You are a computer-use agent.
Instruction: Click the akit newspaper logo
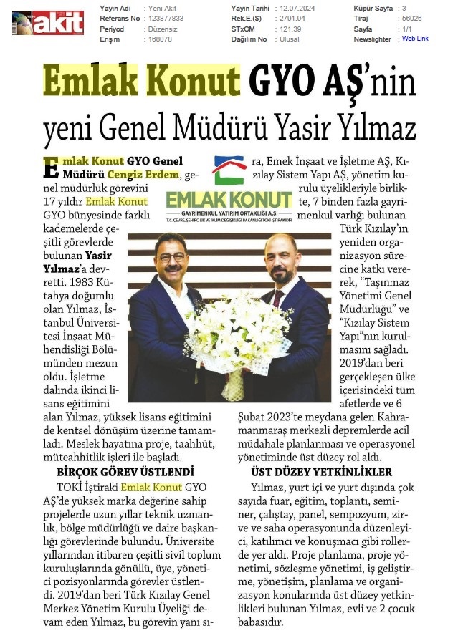pyautogui.click(x=48, y=22)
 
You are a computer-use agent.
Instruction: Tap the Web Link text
pyautogui.click(x=415, y=39)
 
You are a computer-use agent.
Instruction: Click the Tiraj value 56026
pyautogui.click(x=411, y=19)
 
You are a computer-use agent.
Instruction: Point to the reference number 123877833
pyautogui.click(x=165, y=19)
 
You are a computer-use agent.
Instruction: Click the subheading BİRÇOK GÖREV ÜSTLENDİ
pyautogui.click(x=125, y=472)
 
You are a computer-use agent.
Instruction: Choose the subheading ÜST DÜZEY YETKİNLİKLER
pyautogui.click(x=321, y=472)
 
